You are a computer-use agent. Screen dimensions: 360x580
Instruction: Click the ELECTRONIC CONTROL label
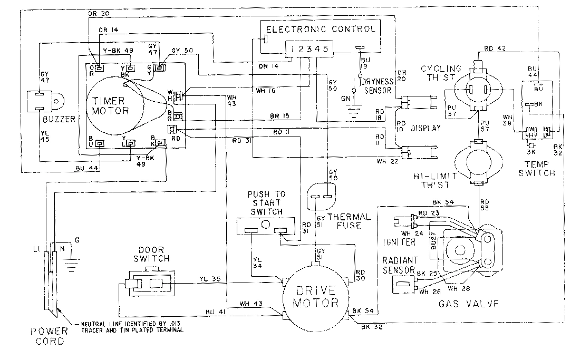point(321,29)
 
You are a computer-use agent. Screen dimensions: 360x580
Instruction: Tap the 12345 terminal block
point(310,49)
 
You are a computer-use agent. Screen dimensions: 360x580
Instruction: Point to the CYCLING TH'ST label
point(440,73)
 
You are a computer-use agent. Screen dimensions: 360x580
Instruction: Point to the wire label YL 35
point(209,279)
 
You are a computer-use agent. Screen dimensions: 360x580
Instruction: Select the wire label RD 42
point(494,50)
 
